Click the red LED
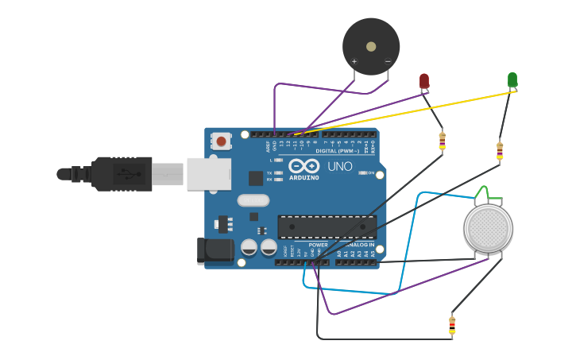coord(424,80)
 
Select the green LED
coord(512,79)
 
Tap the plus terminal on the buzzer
coord(354,61)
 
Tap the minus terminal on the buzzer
coord(388,61)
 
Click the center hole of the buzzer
coord(371,46)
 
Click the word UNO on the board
coord(340,167)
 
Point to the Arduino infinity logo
coord(303,165)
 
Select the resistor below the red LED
coord(443,141)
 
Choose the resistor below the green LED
coord(500,149)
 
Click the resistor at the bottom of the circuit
coord(452,324)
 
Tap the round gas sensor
coord(488,229)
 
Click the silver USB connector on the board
coord(209,174)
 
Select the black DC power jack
coord(215,251)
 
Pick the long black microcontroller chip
coord(327,226)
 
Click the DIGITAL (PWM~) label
coord(337,150)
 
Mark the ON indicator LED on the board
coord(366,172)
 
